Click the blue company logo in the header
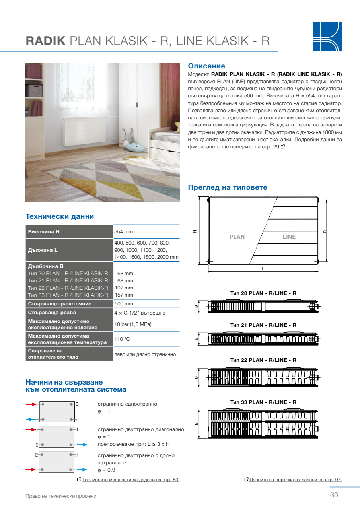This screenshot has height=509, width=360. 327,36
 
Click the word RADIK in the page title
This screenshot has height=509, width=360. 45,41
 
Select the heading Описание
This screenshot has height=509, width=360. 206,66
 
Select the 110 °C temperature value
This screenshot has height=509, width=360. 122,339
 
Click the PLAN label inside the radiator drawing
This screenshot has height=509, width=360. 237,237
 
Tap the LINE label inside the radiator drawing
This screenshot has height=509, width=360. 289,237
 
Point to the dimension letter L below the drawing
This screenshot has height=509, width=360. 263,269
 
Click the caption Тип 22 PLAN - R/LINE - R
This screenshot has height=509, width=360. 263,360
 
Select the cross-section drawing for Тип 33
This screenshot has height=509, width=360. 263,424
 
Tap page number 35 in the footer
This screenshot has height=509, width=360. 334,495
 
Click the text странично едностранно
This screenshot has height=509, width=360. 127,404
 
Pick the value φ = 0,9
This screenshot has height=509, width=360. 107,470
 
